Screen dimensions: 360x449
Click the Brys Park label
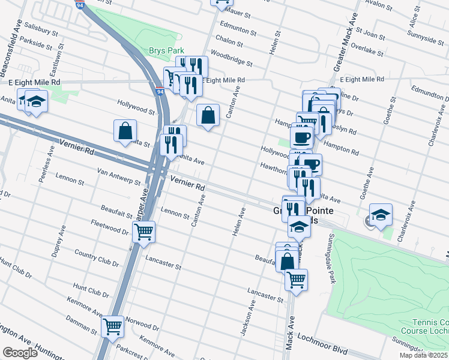click(167, 52)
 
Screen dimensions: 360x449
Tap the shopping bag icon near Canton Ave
click(207, 116)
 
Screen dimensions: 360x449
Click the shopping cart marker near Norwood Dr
click(112, 326)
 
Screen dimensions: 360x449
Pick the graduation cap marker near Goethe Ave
click(381, 215)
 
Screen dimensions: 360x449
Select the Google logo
click(20, 353)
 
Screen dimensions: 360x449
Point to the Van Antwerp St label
click(119, 177)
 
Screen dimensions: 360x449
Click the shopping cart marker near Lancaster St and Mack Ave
click(296, 279)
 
